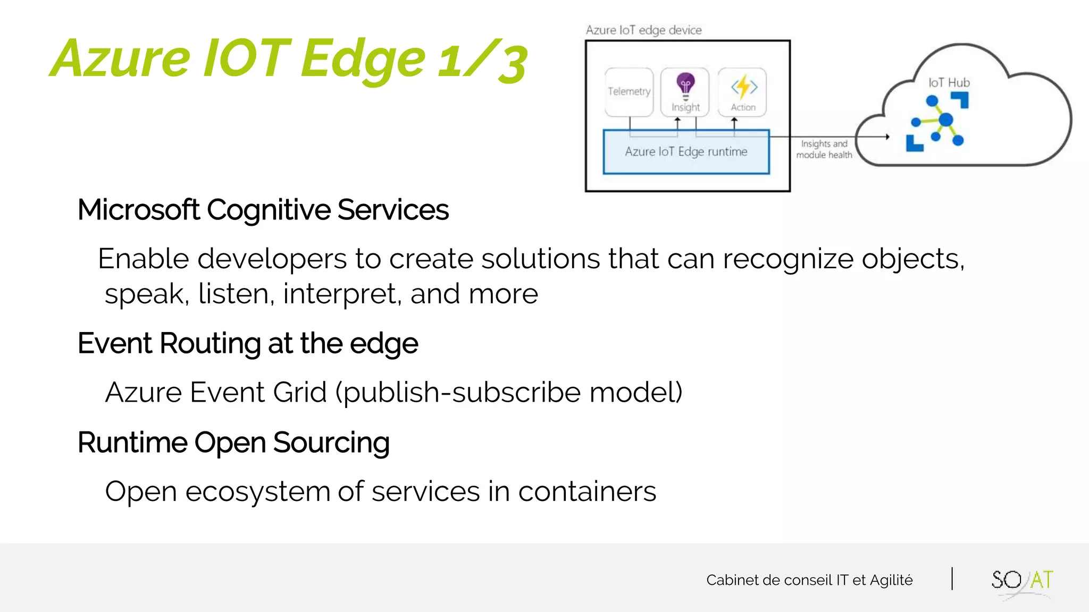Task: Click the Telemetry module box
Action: pyautogui.click(x=629, y=92)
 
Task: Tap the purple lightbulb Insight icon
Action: pyautogui.click(x=685, y=85)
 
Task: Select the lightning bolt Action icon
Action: pyautogui.click(x=743, y=87)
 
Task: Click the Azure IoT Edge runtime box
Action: pyautogui.click(x=686, y=152)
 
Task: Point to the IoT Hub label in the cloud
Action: pyautogui.click(x=949, y=83)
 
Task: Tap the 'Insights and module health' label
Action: pyautogui.click(x=824, y=149)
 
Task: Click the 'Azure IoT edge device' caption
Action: pyautogui.click(x=643, y=30)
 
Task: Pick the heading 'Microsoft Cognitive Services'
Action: pyautogui.click(x=263, y=210)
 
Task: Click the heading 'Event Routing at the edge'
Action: pyautogui.click(x=247, y=344)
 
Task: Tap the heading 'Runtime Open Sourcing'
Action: pyautogui.click(x=233, y=443)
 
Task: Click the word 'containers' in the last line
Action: pyautogui.click(x=587, y=491)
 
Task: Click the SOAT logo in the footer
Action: pyautogui.click(x=1021, y=581)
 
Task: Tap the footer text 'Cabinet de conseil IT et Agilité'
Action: pyautogui.click(x=809, y=580)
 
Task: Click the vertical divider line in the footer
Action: pyautogui.click(x=952, y=579)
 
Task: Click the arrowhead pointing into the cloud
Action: pyautogui.click(x=887, y=137)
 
